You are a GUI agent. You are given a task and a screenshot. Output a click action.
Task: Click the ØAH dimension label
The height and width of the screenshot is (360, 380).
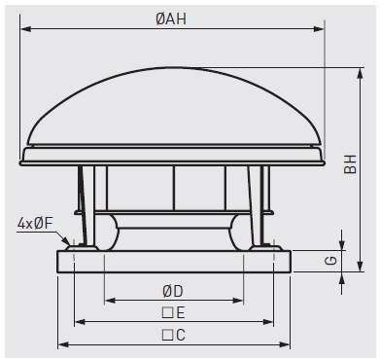(x=171, y=19)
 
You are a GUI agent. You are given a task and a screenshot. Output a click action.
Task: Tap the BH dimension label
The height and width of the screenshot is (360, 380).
(x=350, y=164)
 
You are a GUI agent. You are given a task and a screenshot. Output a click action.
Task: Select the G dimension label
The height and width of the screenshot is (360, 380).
(x=331, y=261)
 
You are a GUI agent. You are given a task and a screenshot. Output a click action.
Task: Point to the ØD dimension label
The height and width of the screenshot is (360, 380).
(x=173, y=292)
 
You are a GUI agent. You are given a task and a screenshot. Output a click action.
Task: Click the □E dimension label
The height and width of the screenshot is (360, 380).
(x=173, y=313)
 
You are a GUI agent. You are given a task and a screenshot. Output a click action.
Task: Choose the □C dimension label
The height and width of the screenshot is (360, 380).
(x=173, y=335)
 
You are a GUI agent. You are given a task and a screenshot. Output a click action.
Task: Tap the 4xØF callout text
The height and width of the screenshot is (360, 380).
(x=35, y=224)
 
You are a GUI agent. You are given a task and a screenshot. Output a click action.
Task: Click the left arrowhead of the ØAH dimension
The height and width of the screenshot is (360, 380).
(x=26, y=29)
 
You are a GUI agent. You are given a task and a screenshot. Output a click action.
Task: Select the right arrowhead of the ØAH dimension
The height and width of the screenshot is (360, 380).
(x=319, y=29)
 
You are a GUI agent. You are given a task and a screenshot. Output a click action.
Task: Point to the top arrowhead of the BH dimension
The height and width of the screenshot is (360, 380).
(x=360, y=73)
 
